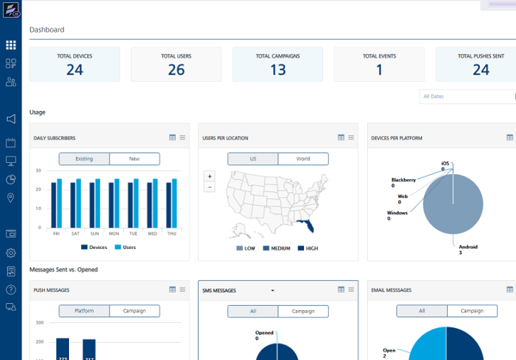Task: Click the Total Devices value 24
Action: coord(75,69)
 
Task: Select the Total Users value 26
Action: coord(176,69)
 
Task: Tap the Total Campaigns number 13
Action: coord(278,69)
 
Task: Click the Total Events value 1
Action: coord(379,69)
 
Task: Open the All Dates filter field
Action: coord(467,96)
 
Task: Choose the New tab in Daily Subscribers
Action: coord(135,159)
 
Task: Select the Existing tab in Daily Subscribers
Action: coord(84,159)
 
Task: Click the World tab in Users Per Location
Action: coord(303,159)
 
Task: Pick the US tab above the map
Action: coord(253,159)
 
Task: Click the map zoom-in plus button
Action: coord(209,176)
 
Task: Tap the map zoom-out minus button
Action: coord(209,187)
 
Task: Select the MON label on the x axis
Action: coord(114,233)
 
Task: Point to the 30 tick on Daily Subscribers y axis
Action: coord(38,171)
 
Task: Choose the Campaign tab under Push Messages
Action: coord(135,311)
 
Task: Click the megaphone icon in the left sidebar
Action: coord(11,119)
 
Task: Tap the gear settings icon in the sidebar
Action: coord(11,253)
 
